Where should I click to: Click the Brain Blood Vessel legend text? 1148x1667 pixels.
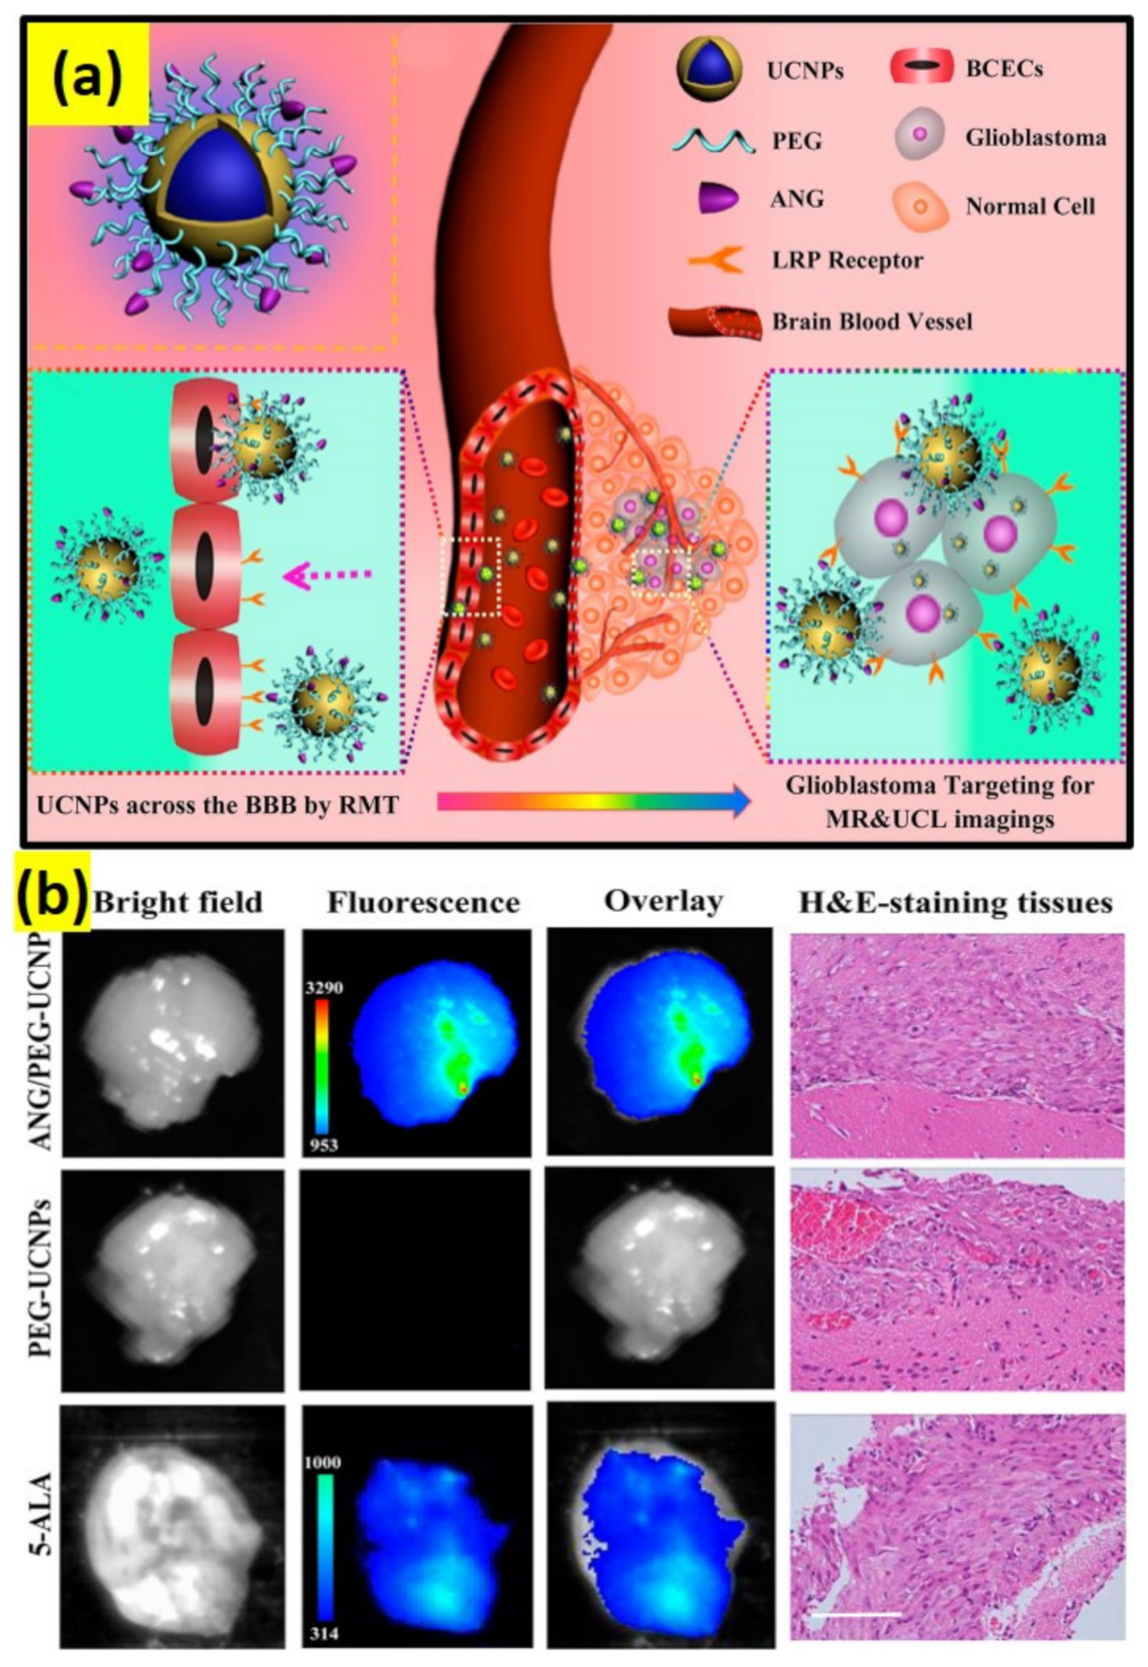click(x=872, y=321)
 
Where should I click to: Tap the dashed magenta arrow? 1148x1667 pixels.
click(x=328, y=575)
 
